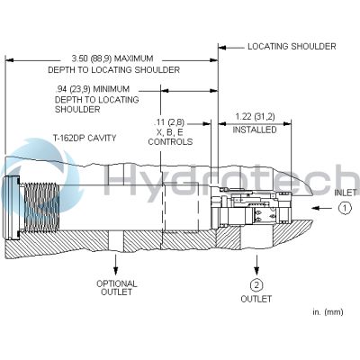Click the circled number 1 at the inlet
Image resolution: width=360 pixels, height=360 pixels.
pos(345,208)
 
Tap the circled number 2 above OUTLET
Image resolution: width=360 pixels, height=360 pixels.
pos(256,285)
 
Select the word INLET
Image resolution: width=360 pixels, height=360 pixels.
pos(346,193)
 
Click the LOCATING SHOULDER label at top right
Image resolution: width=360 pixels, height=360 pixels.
pos(292,47)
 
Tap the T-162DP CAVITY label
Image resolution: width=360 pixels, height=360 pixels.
pos(85,138)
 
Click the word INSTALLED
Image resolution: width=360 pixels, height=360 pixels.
pos(255,130)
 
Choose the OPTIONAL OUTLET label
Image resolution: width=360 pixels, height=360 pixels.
pos(116,288)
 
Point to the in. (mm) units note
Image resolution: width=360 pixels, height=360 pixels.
pos(328,311)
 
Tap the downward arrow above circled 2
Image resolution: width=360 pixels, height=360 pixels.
pos(256,265)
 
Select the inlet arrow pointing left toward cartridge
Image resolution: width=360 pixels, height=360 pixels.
pos(322,208)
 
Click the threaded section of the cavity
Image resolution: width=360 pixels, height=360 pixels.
pos(41,208)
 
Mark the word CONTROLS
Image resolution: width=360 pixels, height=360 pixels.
pos(170,141)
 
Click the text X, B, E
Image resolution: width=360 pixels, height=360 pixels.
pos(170,132)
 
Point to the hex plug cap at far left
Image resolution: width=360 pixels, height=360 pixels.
pos(11,208)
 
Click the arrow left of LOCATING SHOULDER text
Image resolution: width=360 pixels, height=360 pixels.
pos(231,48)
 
